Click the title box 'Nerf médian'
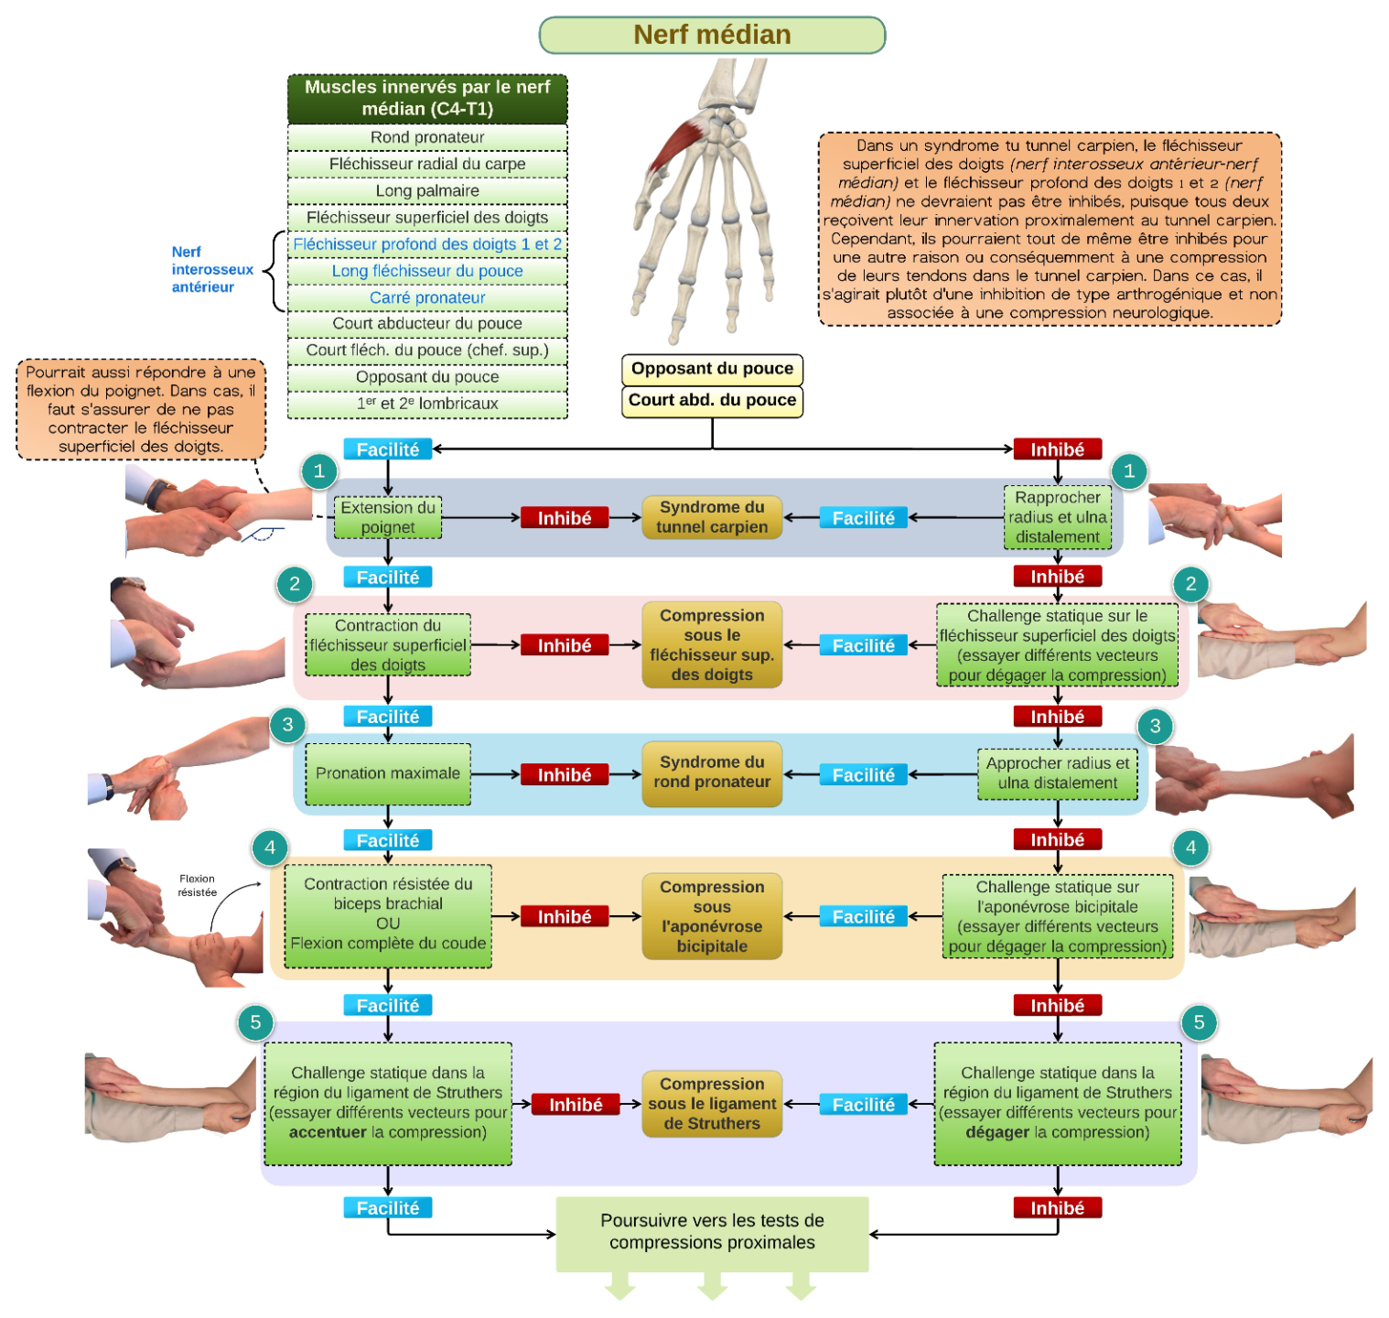tap(712, 35)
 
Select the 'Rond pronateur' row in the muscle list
tap(427, 137)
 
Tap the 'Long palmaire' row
tap(427, 190)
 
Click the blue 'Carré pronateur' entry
tap(427, 297)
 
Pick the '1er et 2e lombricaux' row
tap(427, 404)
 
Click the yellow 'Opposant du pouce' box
tap(712, 369)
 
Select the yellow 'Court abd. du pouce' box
tap(712, 401)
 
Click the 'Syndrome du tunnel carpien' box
tap(712, 517)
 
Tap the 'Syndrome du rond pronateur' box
tap(712, 773)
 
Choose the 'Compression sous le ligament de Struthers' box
tap(712, 1104)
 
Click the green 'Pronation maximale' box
tap(388, 773)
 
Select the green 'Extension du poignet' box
tap(388, 517)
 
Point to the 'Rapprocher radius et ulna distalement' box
tap(1057, 517)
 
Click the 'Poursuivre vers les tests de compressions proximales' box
tap(712, 1233)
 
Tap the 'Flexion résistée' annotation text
tap(197, 885)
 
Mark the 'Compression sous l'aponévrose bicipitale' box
tap(712, 916)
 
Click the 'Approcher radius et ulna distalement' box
tap(1057, 773)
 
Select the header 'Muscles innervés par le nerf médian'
tap(427, 99)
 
